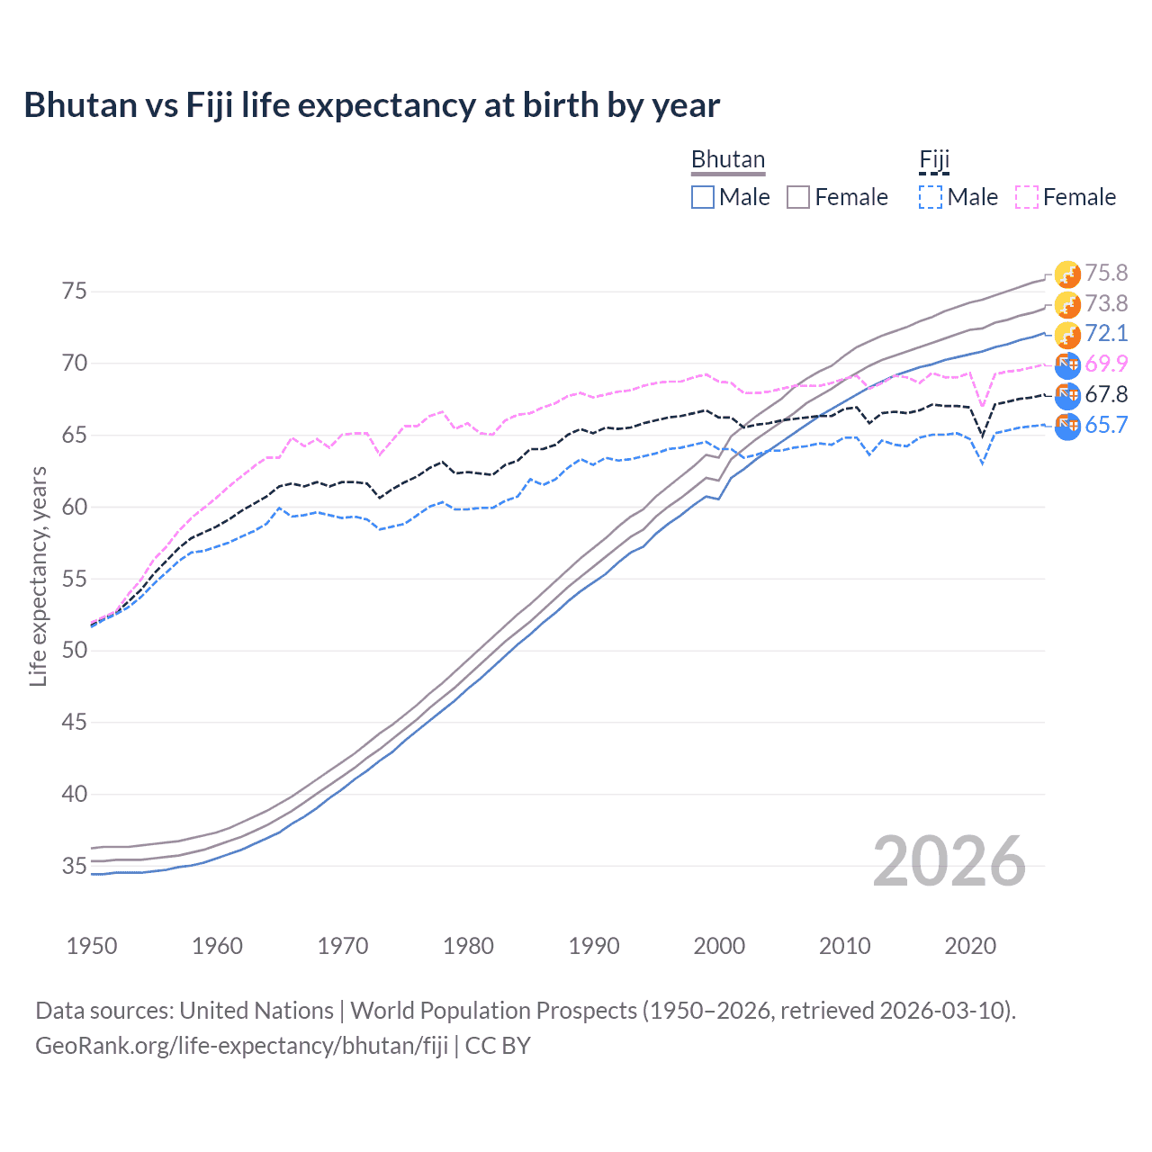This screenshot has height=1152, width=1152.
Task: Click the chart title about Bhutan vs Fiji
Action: (372, 105)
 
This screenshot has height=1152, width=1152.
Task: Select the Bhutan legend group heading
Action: (727, 160)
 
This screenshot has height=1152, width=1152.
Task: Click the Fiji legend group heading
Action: (934, 160)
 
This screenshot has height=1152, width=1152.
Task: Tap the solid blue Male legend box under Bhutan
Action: (703, 197)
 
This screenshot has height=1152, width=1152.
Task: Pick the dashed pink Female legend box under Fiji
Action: (1027, 197)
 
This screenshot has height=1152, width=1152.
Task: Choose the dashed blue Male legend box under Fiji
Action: (931, 197)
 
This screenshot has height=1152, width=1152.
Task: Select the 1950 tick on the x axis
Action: (92, 946)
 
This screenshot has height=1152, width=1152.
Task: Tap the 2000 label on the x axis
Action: (719, 946)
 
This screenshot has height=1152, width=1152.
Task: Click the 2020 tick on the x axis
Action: (970, 946)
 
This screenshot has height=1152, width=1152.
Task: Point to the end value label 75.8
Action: (1106, 274)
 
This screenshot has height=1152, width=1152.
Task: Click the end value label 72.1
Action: (1106, 334)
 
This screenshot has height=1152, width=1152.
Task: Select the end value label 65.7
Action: (1106, 426)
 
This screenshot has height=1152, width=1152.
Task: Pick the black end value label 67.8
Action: (1106, 395)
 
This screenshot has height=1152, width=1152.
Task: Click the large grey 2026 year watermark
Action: (949, 862)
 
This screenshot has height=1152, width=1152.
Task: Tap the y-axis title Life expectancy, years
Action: (38, 577)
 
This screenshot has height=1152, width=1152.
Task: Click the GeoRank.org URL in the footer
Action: (241, 1046)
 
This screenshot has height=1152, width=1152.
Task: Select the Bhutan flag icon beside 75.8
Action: (1067, 274)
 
